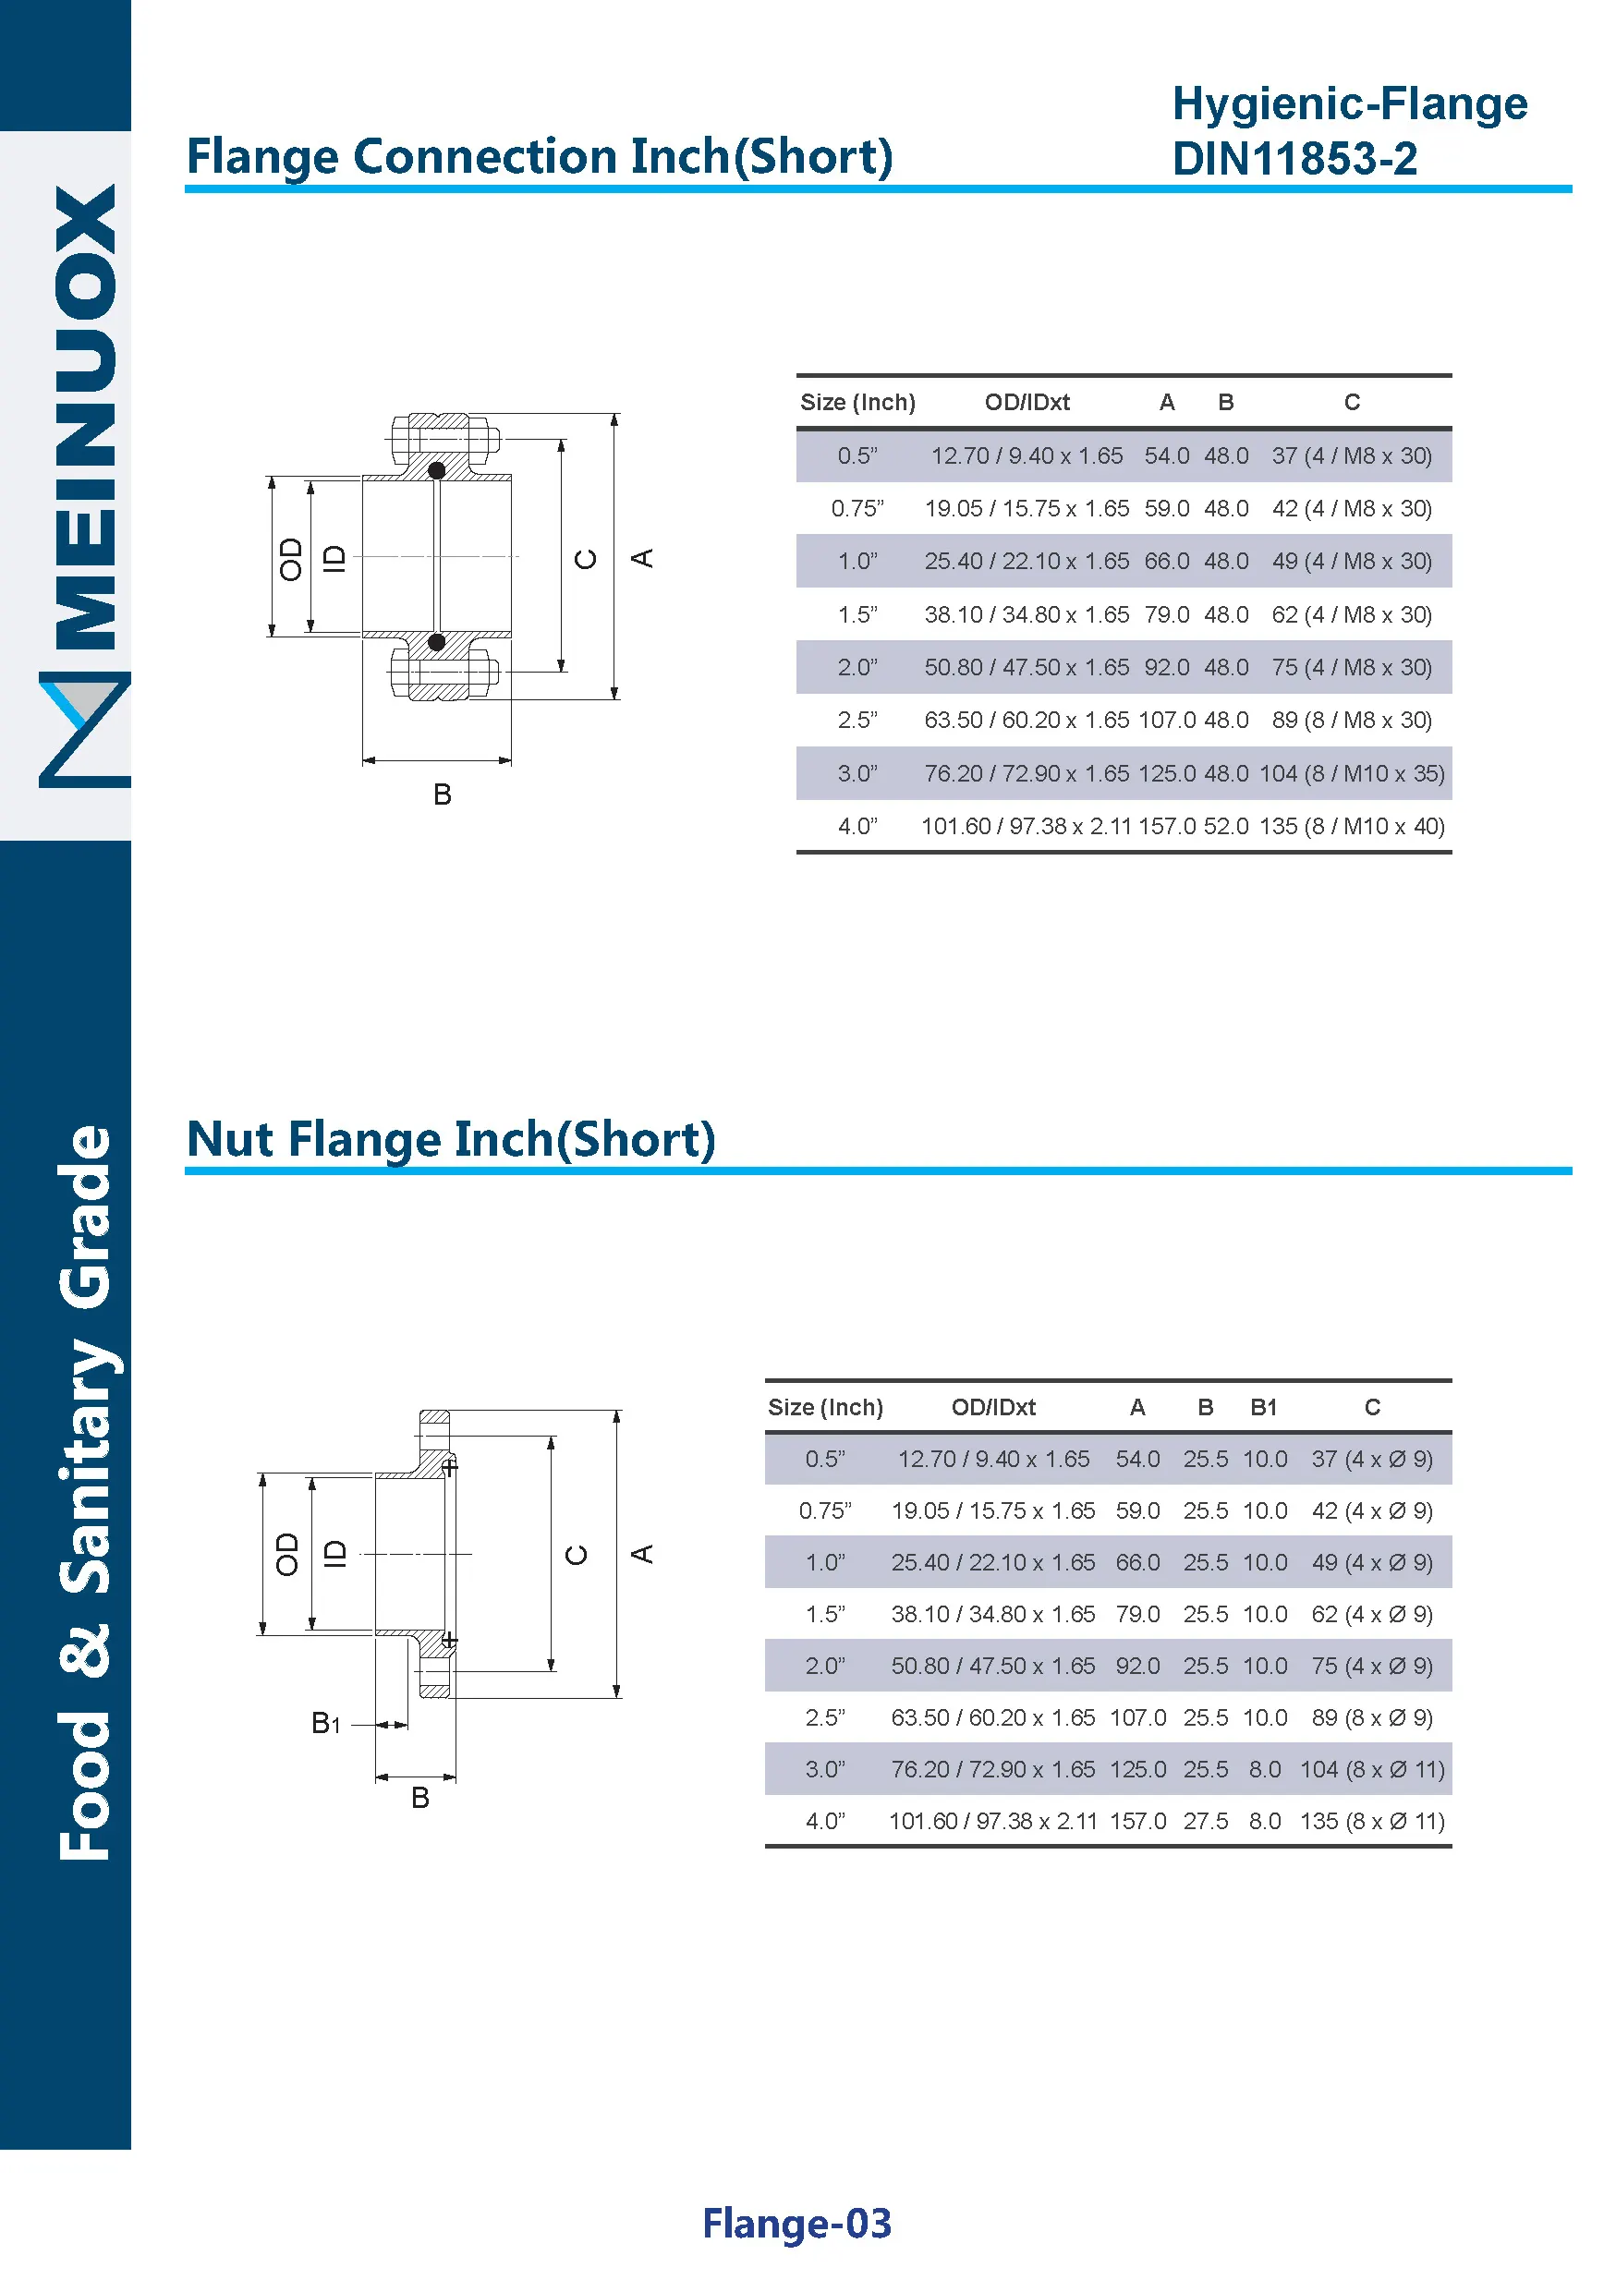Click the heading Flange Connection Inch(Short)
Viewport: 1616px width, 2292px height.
click(x=539, y=157)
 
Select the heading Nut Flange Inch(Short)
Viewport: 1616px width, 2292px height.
click(x=451, y=1139)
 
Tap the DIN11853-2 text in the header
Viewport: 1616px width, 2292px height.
click(x=1294, y=159)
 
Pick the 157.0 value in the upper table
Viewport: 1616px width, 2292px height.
click(x=1166, y=827)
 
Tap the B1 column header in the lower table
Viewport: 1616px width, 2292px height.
click(x=1264, y=1408)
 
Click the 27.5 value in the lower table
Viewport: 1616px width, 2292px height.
click(x=1205, y=1822)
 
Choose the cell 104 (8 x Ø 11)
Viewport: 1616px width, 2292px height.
click(x=1371, y=1770)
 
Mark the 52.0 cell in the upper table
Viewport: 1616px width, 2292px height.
click(x=1226, y=827)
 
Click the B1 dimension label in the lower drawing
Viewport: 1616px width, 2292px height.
click(x=325, y=1723)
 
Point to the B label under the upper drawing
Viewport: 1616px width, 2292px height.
click(x=443, y=794)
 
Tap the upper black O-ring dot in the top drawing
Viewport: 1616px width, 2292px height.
click(x=436, y=470)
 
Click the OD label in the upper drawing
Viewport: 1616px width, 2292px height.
click(x=290, y=559)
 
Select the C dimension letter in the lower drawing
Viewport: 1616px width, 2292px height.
click(x=577, y=1554)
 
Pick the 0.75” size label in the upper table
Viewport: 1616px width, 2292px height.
click(x=857, y=509)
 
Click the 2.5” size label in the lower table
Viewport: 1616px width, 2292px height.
click(x=824, y=1718)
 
